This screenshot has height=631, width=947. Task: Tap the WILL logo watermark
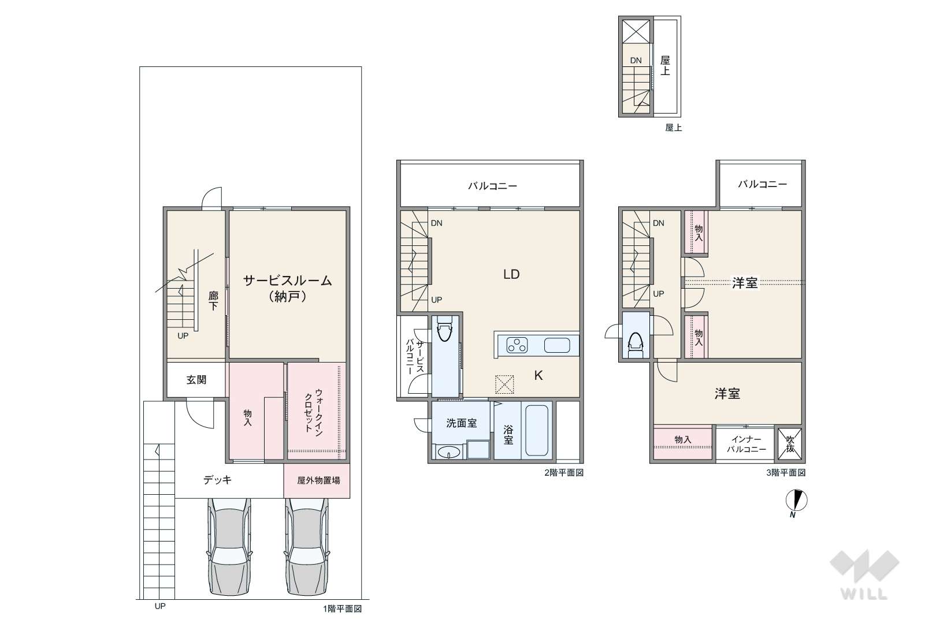point(864,574)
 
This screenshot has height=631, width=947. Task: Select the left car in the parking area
point(229,547)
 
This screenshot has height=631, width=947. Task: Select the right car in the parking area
point(307,547)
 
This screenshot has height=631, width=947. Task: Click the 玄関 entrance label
point(196,380)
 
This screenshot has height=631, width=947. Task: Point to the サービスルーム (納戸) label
point(288,288)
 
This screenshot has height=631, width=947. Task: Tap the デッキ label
point(217,480)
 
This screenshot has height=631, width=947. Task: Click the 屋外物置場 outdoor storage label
point(318,480)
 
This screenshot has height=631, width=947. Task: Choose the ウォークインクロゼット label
point(314,412)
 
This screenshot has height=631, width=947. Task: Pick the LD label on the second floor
point(511,275)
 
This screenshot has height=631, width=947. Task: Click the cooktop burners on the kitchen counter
point(517,345)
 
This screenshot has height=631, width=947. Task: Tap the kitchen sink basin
point(557,345)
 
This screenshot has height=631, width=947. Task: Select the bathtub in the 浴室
point(537,430)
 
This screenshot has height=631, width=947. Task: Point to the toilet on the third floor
point(636,345)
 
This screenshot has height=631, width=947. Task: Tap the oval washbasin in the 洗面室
point(448,453)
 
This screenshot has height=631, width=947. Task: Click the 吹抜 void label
point(790,444)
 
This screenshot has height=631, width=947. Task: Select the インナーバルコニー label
point(746,445)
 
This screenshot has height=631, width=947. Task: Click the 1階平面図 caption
point(343,608)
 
